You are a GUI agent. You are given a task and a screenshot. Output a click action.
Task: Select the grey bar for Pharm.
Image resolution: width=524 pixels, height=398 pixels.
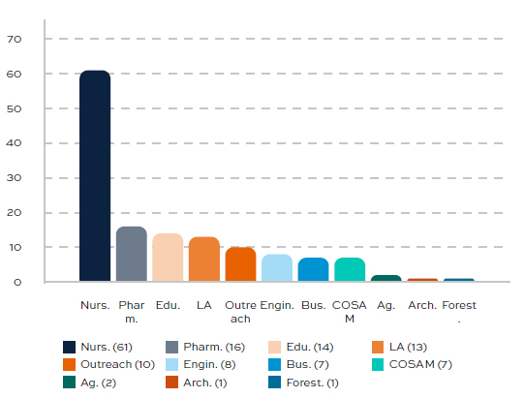coord(131,255)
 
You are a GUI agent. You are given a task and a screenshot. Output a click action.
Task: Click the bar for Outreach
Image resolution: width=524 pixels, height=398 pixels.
coord(240,264)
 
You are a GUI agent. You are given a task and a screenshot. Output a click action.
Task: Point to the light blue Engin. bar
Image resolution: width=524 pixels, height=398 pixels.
coord(277,268)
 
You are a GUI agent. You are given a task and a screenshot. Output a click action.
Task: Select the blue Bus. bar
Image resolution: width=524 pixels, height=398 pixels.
coord(313,270)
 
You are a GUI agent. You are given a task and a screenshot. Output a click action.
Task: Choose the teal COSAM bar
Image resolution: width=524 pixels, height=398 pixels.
coord(350,270)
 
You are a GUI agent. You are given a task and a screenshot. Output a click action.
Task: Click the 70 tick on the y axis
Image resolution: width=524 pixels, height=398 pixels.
coord(14,40)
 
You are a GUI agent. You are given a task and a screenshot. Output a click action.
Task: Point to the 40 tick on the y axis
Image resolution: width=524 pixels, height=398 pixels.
coord(14,143)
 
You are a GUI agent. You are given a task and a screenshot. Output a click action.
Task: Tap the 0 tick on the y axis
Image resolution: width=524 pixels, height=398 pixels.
coord(16,282)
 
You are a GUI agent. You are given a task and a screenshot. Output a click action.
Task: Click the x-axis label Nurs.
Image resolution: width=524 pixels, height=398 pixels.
coord(94,306)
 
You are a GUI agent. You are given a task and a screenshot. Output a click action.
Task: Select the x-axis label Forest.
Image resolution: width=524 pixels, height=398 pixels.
coord(458,311)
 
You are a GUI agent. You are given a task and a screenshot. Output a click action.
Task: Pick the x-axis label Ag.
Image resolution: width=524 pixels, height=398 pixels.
coord(385,306)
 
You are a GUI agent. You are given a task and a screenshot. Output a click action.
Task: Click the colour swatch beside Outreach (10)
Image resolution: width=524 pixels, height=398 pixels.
coord(69,364)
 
